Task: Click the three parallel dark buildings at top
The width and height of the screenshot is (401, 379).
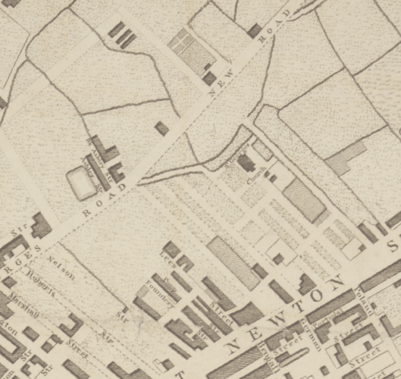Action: point(123,34)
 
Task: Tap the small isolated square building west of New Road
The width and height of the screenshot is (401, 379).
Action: point(162,129)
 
